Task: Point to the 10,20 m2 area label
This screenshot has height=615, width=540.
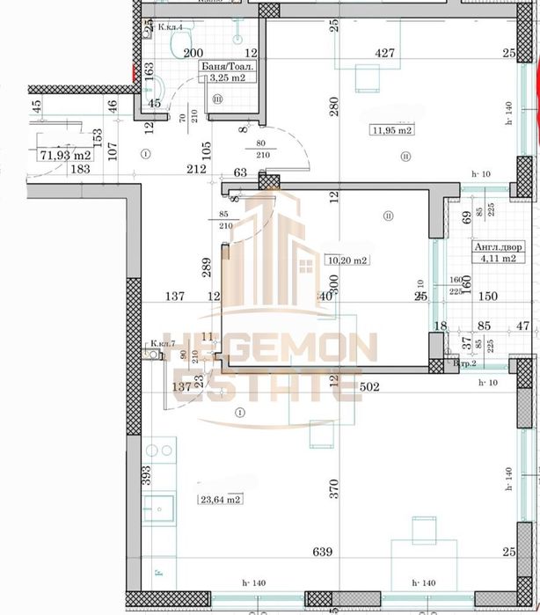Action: click(x=347, y=260)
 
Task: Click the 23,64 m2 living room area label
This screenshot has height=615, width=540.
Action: click(x=221, y=500)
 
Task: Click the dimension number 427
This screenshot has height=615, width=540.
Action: click(x=384, y=54)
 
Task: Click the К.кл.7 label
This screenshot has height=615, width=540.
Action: click(x=164, y=343)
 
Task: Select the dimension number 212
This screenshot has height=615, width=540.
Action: click(x=196, y=169)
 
